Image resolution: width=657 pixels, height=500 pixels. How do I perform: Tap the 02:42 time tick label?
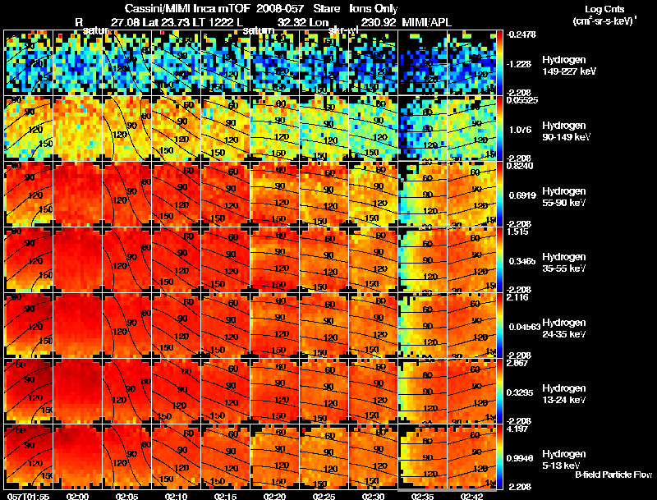[x=472, y=496]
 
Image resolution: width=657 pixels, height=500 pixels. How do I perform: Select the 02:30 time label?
[x=373, y=496]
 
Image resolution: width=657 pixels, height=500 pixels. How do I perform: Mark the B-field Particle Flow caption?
[x=613, y=475]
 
